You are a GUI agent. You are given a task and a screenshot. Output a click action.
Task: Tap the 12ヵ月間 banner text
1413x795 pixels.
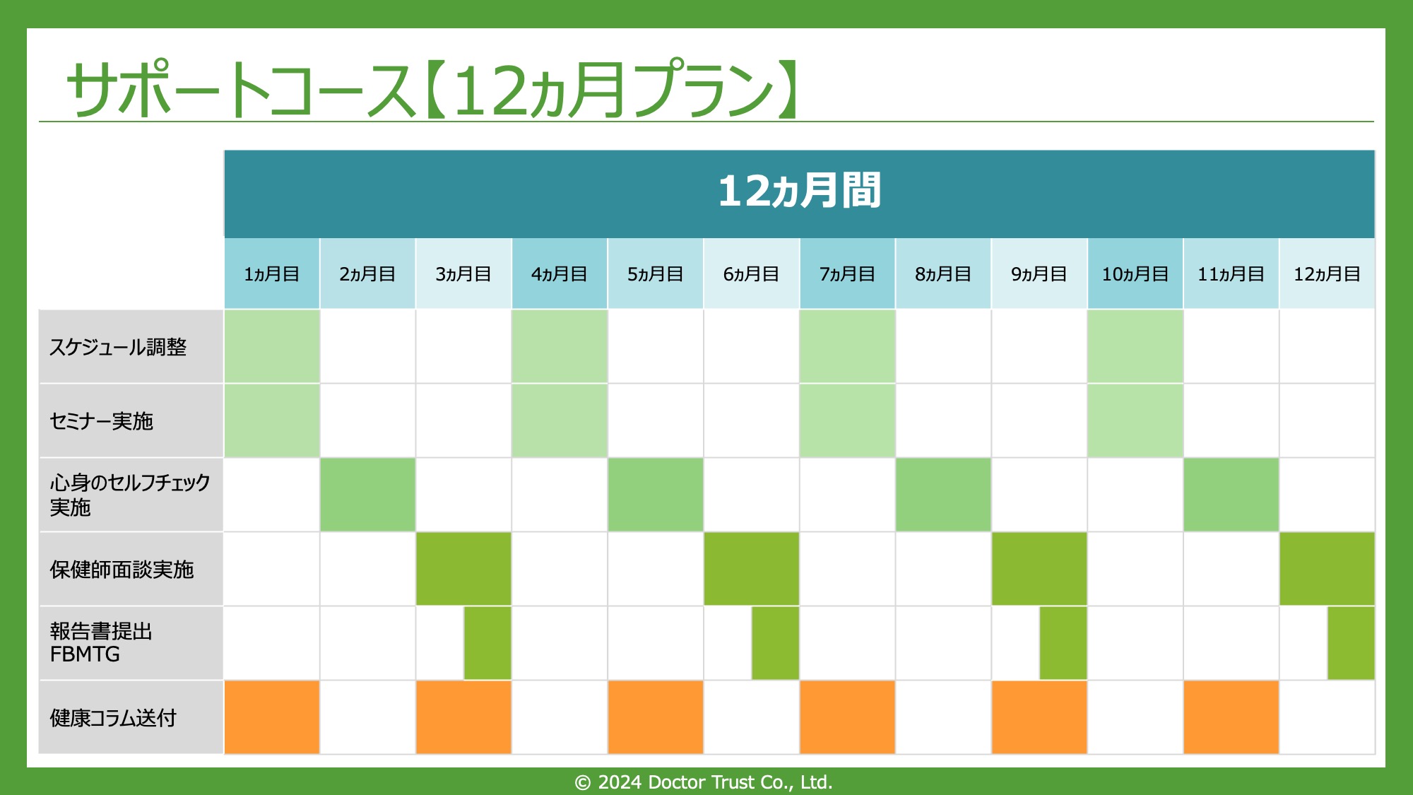pos(799,191)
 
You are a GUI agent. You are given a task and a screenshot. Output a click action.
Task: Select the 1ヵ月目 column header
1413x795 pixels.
pos(272,274)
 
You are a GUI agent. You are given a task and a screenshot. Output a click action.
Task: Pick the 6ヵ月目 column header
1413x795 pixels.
pos(751,274)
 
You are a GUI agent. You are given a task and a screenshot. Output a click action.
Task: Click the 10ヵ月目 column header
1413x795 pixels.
pos(1135,274)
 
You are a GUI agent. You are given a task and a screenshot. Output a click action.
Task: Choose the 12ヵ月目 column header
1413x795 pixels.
pos(1327,274)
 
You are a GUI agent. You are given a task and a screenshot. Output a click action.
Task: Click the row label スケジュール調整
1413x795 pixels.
pos(118,347)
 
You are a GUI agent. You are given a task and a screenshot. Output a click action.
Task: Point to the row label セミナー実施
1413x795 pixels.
pos(101,421)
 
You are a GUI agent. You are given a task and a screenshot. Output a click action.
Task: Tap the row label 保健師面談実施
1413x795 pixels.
pos(122,570)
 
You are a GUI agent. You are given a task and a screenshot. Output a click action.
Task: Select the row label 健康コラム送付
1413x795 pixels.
pos(113,718)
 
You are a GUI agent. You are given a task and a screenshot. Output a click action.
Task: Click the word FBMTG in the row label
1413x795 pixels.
pos(85,654)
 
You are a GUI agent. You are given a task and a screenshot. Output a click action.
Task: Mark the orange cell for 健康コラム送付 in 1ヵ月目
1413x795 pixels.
pos(272,717)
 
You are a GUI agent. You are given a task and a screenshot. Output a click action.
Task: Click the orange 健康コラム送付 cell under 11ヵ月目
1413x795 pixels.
pos(1231,717)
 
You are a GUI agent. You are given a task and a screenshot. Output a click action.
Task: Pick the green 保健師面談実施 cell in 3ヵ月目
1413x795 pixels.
pos(463,569)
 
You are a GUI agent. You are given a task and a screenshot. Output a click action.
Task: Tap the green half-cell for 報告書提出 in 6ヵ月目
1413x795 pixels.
pos(775,643)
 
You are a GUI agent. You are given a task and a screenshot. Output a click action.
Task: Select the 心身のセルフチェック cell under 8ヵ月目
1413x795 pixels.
pos(943,495)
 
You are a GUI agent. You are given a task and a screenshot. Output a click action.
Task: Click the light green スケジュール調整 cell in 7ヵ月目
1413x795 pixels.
pos(847,346)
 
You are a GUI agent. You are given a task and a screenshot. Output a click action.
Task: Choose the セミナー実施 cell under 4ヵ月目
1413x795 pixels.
pos(560,420)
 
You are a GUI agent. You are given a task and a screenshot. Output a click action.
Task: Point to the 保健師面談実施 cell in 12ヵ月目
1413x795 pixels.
pos(1328,569)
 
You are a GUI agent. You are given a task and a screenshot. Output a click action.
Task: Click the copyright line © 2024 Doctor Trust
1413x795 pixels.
pos(704,782)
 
